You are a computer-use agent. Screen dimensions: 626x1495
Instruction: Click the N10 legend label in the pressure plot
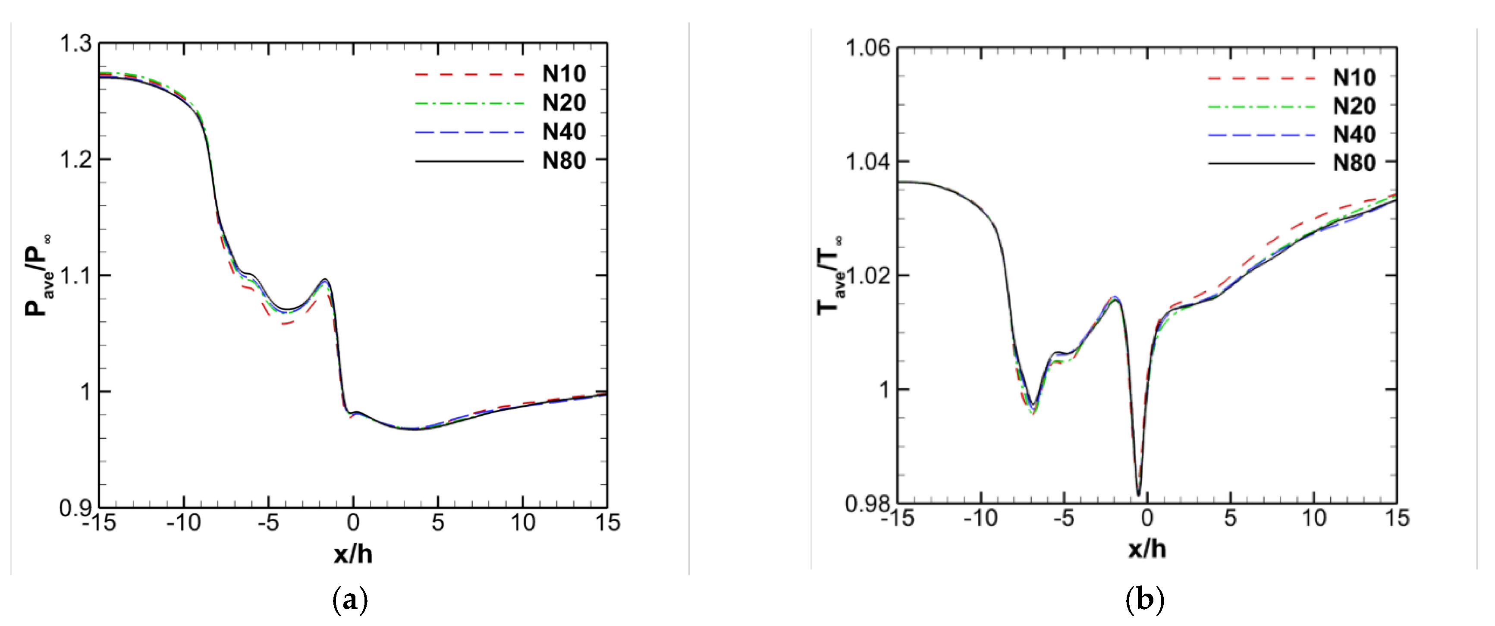pyautogui.click(x=563, y=74)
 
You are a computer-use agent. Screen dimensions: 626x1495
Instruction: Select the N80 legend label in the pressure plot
pyautogui.click(x=563, y=161)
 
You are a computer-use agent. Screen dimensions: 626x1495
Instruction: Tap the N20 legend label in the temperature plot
pyautogui.click(x=1354, y=106)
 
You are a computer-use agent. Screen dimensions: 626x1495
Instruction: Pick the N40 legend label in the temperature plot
pyautogui.click(x=1354, y=135)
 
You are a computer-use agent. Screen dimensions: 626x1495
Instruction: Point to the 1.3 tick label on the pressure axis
pyautogui.click(x=76, y=44)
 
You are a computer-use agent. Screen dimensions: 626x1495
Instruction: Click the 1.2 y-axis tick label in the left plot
pyautogui.click(x=76, y=159)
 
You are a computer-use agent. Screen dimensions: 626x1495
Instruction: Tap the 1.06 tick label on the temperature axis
pyautogui.click(x=867, y=47)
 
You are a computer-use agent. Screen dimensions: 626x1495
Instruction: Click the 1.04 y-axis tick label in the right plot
pyautogui.click(x=867, y=161)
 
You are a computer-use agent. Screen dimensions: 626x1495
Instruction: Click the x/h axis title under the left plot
pyautogui.click(x=353, y=554)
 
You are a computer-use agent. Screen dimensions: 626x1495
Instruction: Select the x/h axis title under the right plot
pyautogui.click(x=1147, y=549)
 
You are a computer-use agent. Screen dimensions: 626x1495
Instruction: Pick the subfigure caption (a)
pyautogui.click(x=350, y=600)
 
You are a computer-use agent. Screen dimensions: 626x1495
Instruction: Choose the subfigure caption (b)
pyautogui.click(x=1144, y=600)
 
